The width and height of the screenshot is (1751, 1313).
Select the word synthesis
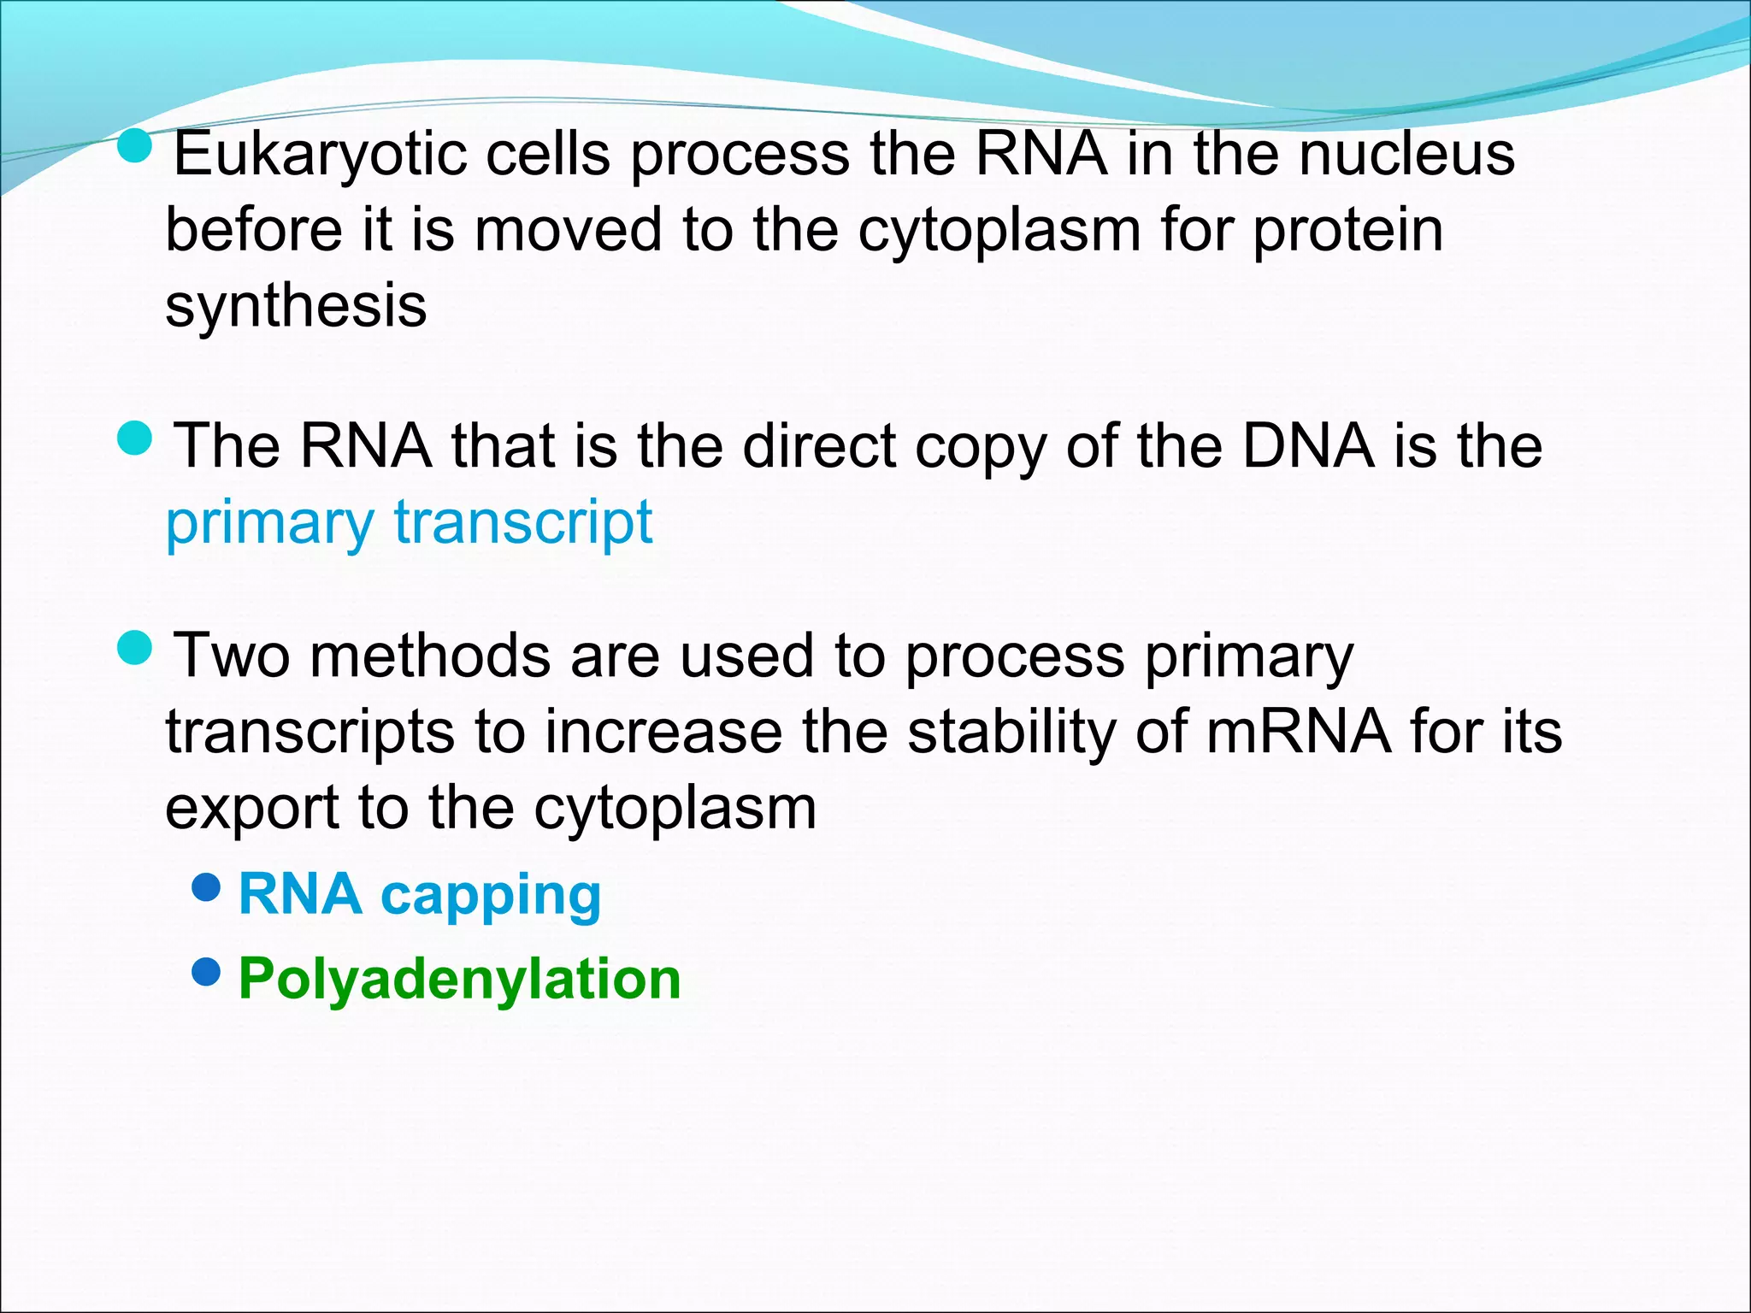point(296,305)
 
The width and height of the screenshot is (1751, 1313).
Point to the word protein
point(1348,231)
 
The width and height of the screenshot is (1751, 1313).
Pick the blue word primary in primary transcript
point(268,523)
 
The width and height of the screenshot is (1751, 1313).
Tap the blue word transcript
point(523,523)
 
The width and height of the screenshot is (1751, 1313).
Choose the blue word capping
point(491,896)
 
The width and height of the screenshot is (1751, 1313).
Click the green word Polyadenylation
point(459,979)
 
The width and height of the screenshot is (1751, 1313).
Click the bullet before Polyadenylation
point(207,972)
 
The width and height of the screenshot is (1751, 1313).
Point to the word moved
point(568,231)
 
